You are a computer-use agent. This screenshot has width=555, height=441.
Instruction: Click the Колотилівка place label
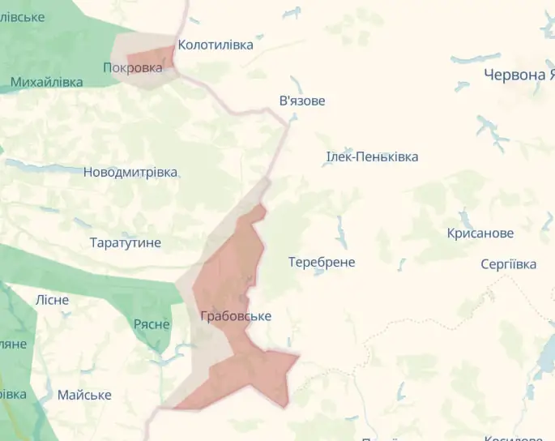(x=216, y=45)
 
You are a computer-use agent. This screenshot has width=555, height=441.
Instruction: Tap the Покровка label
(x=132, y=68)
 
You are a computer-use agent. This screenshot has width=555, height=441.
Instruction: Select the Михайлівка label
(x=46, y=82)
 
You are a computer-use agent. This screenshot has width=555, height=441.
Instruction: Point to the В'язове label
(x=302, y=101)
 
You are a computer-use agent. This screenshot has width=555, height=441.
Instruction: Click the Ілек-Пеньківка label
(x=372, y=156)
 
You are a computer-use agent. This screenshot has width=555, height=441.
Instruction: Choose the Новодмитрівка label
(x=130, y=172)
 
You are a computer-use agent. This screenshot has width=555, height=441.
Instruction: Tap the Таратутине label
(x=126, y=242)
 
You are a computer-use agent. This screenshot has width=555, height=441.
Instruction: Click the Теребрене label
(x=322, y=262)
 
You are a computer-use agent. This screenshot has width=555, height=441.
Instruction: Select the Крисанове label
(x=480, y=233)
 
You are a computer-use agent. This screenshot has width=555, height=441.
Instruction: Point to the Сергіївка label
(x=508, y=264)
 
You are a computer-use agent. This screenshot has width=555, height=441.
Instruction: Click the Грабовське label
(x=236, y=316)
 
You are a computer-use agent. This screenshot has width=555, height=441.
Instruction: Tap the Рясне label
(x=152, y=324)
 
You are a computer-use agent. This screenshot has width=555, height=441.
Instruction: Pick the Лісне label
(x=52, y=300)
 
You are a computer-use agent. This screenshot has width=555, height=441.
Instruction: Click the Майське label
(x=84, y=395)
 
